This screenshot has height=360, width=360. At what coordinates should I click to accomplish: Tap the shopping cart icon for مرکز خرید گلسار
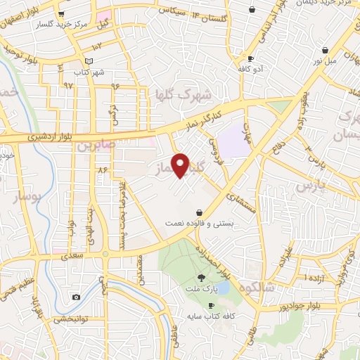click(x=62, y=13)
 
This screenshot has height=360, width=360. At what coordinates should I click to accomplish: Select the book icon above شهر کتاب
click(x=88, y=61)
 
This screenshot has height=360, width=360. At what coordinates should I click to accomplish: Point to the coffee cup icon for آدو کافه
click(x=250, y=58)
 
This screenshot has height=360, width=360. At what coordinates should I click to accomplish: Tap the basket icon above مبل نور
click(x=326, y=51)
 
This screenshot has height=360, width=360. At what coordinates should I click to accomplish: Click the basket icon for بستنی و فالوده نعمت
click(x=200, y=212)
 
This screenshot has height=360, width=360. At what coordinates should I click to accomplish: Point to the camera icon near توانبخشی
click(x=76, y=297)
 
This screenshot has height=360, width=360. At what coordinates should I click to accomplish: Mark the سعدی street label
click(x=72, y=257)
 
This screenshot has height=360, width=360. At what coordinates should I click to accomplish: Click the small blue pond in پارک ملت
click(x=223, y=288)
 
